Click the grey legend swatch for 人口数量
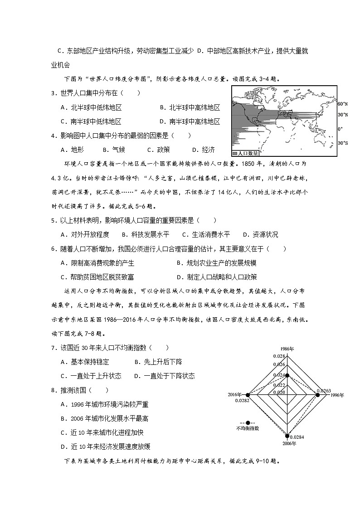coord(235,153)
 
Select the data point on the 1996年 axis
coord(317,395)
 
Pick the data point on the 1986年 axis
coord(286,375)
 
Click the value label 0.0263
coord(324,390)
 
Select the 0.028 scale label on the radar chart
coord(278,356)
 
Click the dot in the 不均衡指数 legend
coord(248,422)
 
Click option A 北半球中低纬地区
coord(91,107)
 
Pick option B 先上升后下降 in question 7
coord(158,362)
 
